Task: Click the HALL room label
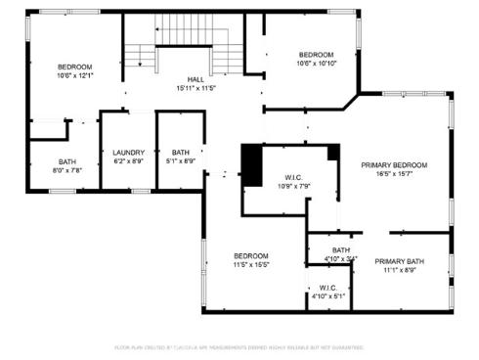click(x=196, y=79)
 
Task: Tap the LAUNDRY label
click(x=129, y=152)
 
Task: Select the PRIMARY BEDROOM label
click(x=395, y=165)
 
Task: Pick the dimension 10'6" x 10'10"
click(x=317, y=64)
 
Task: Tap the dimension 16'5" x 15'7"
click(x=395, y=174)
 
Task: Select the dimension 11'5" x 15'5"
click(x=250, y=264)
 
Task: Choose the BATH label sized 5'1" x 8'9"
click(x=181, y=152)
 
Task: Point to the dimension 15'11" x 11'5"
click(x=196, y=88)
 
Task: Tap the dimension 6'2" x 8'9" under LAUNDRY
click(x=129, y=160)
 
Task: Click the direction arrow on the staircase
click(x=139, y=62)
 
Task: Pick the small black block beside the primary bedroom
click(x=333, y=152)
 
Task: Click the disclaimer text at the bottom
click(x=239, y=346)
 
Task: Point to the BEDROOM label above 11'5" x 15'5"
click(x=250, y=255)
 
